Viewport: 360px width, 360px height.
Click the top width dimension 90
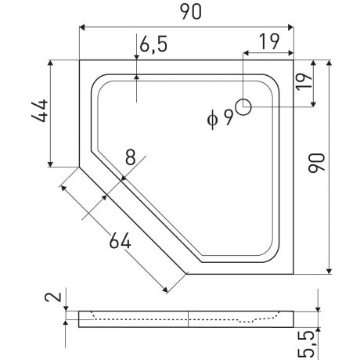click(x=191, y=12)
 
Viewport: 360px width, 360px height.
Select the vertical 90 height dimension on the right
click(x=317, y=164)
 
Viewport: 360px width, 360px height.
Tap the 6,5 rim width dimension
click(x=153, y=44)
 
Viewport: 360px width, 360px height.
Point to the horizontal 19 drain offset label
click(x=270, y=41)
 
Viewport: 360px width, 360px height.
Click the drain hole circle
click(x=243, y=100)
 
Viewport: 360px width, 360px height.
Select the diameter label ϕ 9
click(x=220, y=118)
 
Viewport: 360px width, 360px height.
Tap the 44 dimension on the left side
click(x=40, y=110)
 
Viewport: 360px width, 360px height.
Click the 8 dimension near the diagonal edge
click(x=131, y=157)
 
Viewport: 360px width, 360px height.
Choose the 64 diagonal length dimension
click(x=120, y=240)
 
